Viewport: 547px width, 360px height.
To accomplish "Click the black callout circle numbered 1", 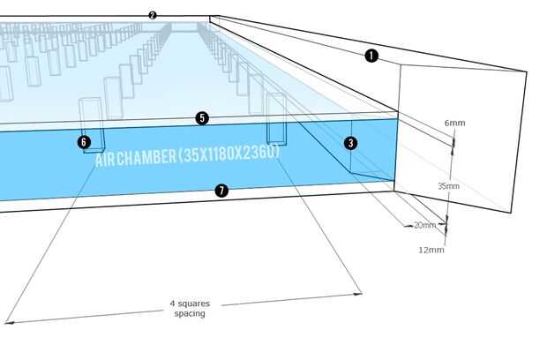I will point(371,56).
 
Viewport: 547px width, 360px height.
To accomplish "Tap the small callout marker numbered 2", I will point(153,16).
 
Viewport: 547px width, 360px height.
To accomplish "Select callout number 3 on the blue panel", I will point(351,143).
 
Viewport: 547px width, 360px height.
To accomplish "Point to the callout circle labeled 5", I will point(202,117).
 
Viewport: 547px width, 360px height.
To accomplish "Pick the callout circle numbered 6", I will point(84,141).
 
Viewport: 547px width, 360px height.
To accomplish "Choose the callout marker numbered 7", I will point(221,190).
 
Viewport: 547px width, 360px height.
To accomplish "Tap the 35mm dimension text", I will point(448,186).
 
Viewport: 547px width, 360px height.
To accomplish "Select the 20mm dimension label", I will point(424,225).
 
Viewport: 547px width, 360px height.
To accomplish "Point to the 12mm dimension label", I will point(431,250).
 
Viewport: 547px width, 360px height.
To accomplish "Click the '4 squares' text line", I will point(190,304).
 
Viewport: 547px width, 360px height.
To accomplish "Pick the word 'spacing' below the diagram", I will point(190,313).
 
